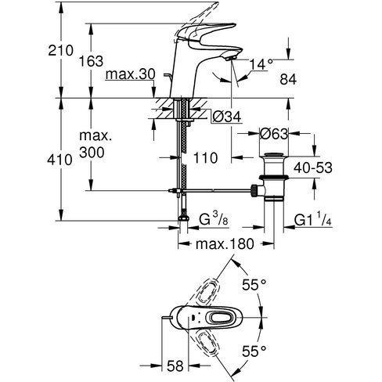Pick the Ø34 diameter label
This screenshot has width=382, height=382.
click(x=224, y=117)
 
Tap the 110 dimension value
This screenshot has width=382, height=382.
click(x=206, y=158)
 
